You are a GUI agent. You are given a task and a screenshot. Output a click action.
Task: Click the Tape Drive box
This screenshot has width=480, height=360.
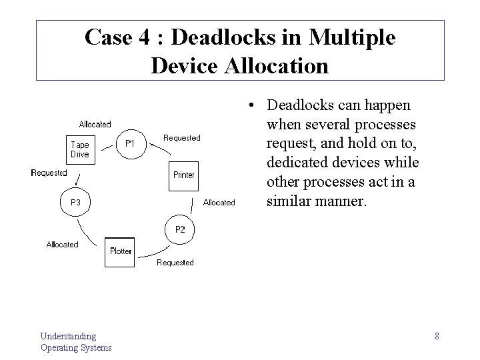(79, 149)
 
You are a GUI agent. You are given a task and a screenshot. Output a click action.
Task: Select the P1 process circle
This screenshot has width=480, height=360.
(131, 144)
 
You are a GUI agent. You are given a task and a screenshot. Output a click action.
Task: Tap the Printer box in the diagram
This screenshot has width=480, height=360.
(183, 175)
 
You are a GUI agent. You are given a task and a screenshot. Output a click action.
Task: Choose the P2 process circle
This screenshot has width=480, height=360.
(180, 229)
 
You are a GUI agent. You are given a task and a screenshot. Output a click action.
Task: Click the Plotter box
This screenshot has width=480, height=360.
(121, 251)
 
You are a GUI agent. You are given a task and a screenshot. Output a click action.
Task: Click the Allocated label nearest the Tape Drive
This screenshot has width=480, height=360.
(95, 124)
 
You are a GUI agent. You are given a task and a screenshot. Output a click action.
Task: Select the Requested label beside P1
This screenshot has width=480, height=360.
(181, 138)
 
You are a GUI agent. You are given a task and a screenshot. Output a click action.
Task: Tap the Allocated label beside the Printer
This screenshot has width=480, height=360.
(219, 203)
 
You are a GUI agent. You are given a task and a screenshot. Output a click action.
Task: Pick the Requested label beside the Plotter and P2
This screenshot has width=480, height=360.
(175, 263)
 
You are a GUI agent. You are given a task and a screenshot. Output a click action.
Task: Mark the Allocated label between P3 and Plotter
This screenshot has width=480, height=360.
(62, 245)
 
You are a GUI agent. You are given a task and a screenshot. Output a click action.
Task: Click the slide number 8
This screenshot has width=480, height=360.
(437, 336)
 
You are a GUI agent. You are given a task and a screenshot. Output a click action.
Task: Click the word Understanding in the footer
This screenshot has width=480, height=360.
(68, 336)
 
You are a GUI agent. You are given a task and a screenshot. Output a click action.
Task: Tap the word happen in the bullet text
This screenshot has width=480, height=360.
(387, 105)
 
